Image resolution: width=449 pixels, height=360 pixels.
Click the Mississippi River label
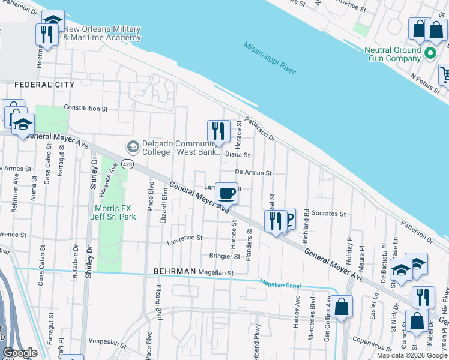point(270,58)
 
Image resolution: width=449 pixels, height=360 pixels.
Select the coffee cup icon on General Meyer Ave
point(226,194)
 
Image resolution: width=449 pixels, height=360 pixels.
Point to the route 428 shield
point(127,164)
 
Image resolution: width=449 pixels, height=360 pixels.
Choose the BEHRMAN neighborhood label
point(175,271)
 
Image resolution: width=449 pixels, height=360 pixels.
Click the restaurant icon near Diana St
point(218,131)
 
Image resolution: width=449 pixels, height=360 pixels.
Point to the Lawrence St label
point(185,238)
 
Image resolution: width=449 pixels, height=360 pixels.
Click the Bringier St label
point(224,256)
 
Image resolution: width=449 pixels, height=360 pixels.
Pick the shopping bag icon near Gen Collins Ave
point(341,307)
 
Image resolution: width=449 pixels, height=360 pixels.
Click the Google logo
point(20,353)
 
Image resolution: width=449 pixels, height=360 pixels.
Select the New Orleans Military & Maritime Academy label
point(102,33)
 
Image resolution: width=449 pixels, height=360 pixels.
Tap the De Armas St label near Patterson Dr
point(253,172)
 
